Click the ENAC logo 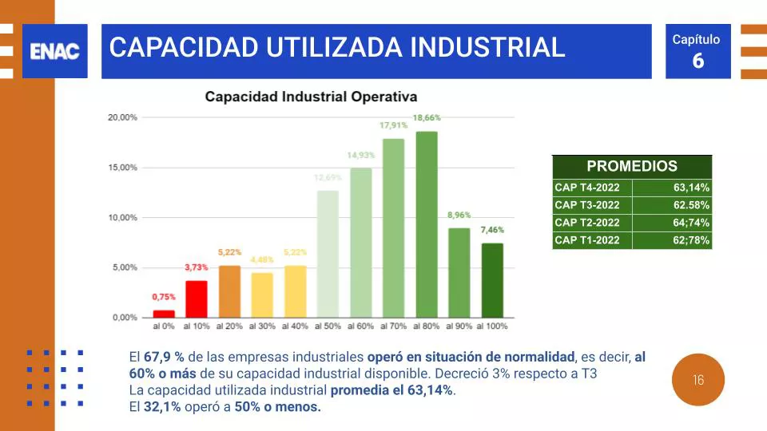54,51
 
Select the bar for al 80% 427,224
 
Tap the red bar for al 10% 197,299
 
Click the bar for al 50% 328,254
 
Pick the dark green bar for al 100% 492,280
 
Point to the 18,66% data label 427,117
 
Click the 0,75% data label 164,297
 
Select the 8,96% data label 459,215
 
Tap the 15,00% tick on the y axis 123,168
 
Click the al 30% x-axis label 262,326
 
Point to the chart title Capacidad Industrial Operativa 311,97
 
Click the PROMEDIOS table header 631,167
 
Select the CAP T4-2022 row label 587,188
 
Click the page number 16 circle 698,380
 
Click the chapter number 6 697,61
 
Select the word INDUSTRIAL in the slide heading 487,47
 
